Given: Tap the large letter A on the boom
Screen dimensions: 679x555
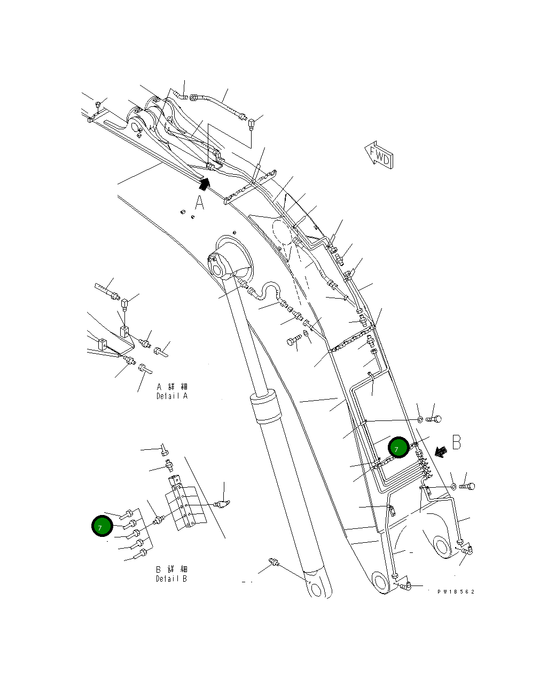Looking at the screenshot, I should point(199,204).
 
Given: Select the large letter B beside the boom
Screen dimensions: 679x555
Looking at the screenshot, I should point(457,442).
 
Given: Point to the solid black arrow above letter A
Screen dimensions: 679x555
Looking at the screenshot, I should point(204,184).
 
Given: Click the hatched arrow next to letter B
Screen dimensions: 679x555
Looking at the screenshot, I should point(440,452).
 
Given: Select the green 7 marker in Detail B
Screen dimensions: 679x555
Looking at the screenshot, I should point(101,526).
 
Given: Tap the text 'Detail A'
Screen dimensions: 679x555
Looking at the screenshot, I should point(172,396).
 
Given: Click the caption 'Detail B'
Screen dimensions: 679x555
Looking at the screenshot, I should point(171,579).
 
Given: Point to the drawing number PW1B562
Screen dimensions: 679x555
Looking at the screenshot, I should point(456,591).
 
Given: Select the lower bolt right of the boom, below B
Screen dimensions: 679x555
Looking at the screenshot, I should point(467,486).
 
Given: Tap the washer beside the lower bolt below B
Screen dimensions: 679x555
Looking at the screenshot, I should point(453,486).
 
